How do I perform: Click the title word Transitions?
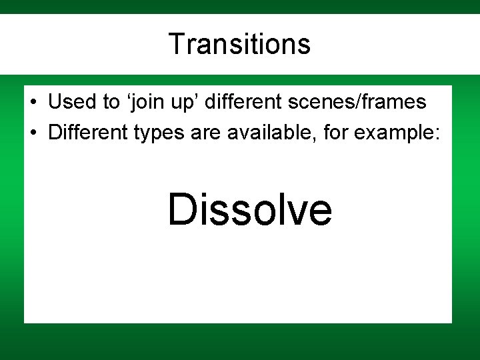coord(239,44)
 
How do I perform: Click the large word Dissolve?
coord(249,209)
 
